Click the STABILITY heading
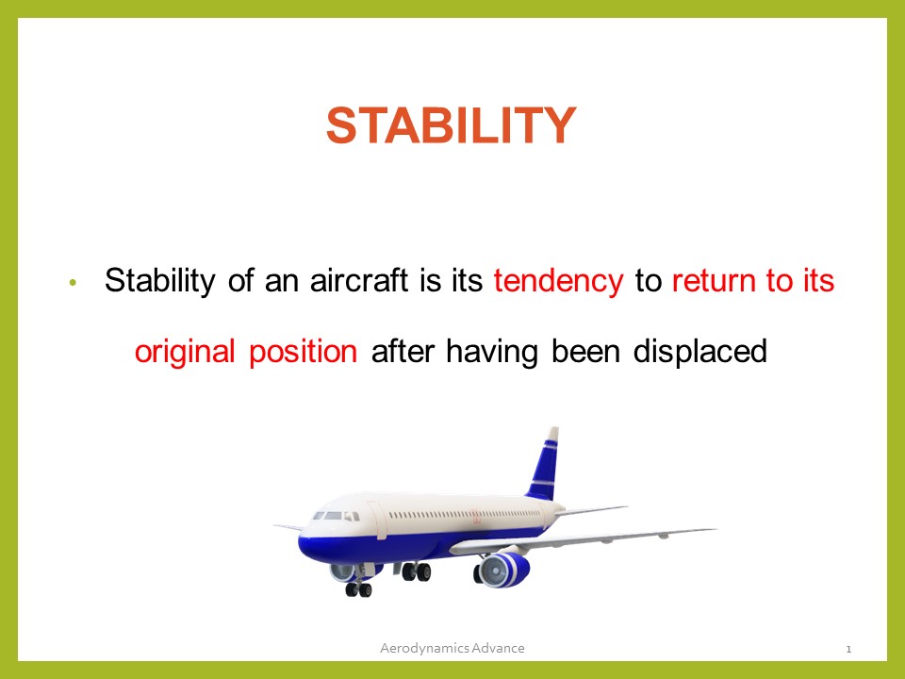click(x=451, y=125)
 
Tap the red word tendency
click(x=558, y=281)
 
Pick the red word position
click(x=303, y=352)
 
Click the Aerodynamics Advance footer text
click(x=452, y=648)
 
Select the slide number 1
click(x=848, y=649)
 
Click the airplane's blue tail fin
click(x=544, y=467)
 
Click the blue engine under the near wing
click(x=504, y=570)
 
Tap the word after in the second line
click(x=402, y=352)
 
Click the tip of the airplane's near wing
click(x=712, y=529)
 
